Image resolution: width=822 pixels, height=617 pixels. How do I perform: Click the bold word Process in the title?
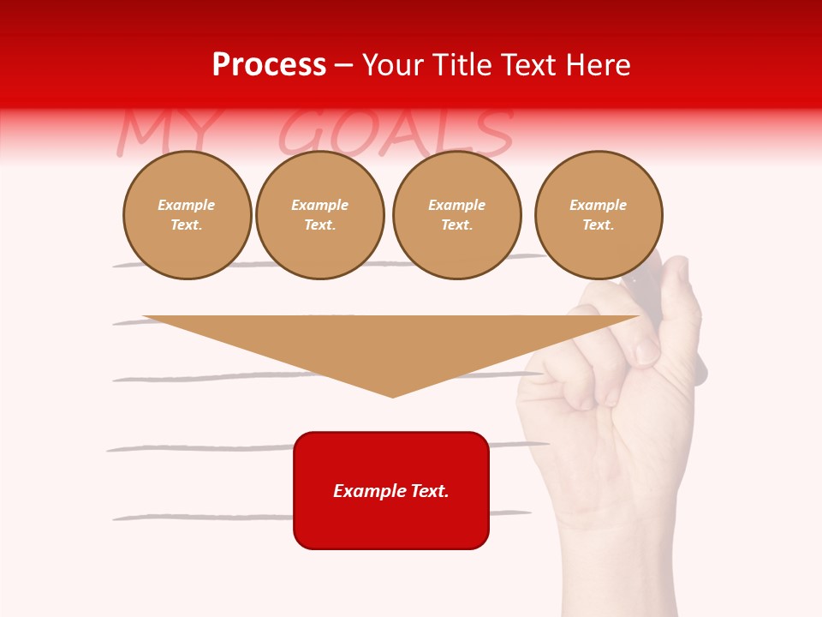click(269, 64)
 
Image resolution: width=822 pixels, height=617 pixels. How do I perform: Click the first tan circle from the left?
click(187, 214)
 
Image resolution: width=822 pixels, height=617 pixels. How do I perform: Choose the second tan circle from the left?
click(319, 214)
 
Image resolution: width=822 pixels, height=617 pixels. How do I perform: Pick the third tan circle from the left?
click(456, 214)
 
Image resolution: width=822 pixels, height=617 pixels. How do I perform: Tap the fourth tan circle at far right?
click(598, 214)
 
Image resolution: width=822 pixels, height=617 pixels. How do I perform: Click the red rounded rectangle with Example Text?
click(391, 490)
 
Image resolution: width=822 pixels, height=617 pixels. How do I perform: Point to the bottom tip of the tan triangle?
click(392, 395)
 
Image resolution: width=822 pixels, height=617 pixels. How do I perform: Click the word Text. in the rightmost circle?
click(598, 225)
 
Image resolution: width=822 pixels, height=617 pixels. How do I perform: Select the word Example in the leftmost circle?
click(187, 205)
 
